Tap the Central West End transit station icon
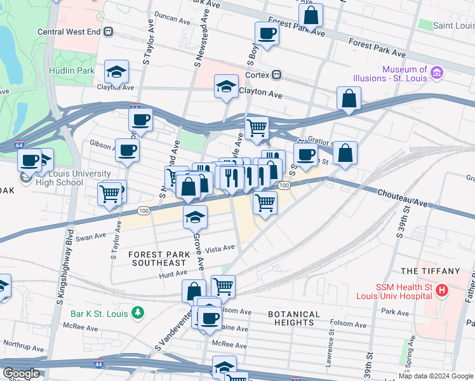click(109, 31)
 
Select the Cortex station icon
click(277, 75)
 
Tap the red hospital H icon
click(441, 290)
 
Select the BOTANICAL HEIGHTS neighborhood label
click(293, 318)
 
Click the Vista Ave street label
click(220, 248)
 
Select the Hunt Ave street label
click(173, 274)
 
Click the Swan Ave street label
click(90, 237)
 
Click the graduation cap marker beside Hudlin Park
click(117, 72)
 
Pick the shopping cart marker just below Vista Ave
click(223, 286)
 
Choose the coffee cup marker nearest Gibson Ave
click(127, 150)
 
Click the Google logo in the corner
click(21, 373)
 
